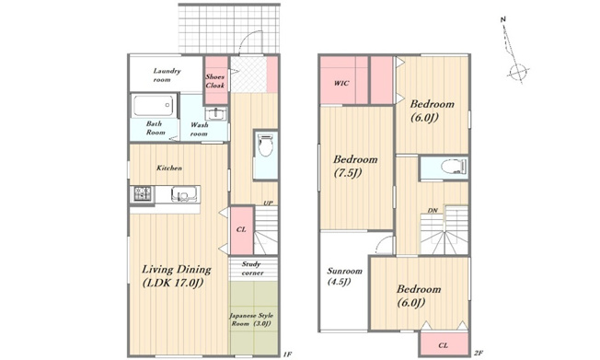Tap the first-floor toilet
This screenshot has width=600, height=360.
pos(266,145)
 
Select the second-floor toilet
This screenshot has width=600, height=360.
pos(454,167)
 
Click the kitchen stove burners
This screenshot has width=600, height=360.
pos(143,193)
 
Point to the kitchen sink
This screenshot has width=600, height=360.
pos(184,194)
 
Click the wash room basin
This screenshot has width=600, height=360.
pos(216,114)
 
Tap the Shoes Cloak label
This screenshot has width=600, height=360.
pos(215,81)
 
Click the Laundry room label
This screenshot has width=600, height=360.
pos(167,75)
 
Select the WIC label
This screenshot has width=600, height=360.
pos(341,83)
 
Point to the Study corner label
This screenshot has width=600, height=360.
pos(252,268)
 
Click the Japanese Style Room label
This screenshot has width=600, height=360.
pos(251,319)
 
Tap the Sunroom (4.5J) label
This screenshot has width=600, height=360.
pos(344,276)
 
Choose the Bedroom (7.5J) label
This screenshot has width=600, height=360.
pos(355,166)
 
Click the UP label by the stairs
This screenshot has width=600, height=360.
pos(268,203)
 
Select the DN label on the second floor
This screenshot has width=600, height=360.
pos(433,211)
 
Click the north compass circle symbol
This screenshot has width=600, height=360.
pos(517,71)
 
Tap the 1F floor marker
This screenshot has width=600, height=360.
pos(287,354)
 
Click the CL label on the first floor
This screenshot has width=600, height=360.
pos(241,229)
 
